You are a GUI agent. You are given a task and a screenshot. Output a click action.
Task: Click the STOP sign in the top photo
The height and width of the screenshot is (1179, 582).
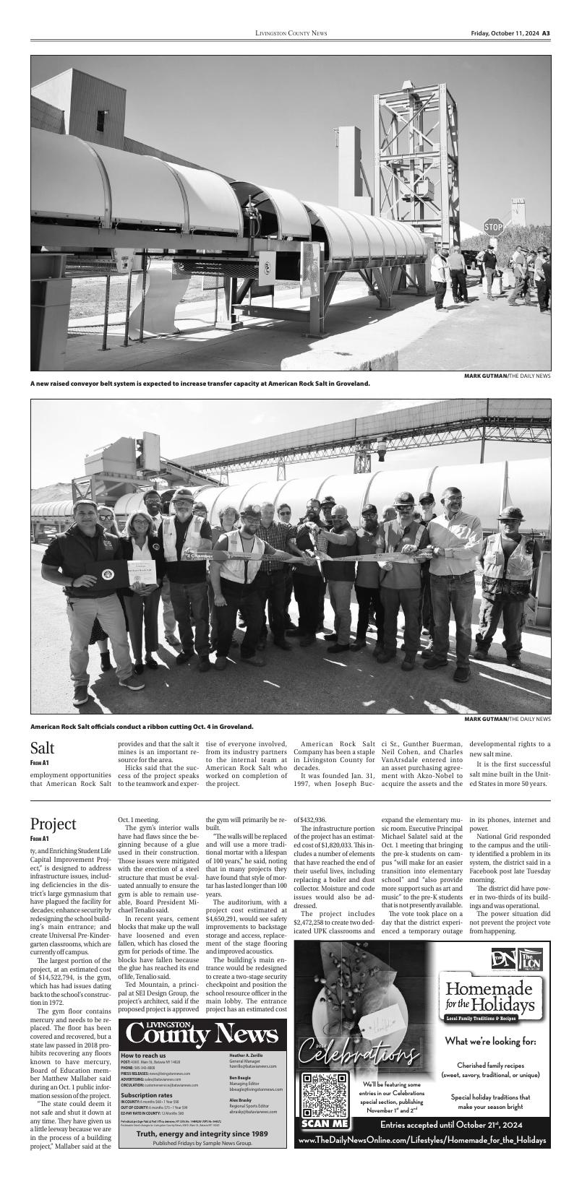[493, 227]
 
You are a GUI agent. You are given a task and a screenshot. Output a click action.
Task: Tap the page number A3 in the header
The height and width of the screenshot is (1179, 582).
[547, 33]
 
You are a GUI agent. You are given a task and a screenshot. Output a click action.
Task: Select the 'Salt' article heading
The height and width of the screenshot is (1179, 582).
[43, 748]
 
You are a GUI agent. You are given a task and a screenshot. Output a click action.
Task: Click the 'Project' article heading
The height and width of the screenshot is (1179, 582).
[53, 824]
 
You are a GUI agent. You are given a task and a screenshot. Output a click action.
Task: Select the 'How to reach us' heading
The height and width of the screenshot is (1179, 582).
[143, 1055]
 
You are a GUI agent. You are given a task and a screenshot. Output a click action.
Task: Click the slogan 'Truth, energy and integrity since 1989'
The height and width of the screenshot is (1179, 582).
[202, 1133]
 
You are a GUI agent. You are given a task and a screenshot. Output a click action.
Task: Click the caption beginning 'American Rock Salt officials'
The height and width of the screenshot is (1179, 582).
[142, 726]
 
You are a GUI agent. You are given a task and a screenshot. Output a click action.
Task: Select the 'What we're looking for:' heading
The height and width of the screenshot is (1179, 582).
[489, 1041]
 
